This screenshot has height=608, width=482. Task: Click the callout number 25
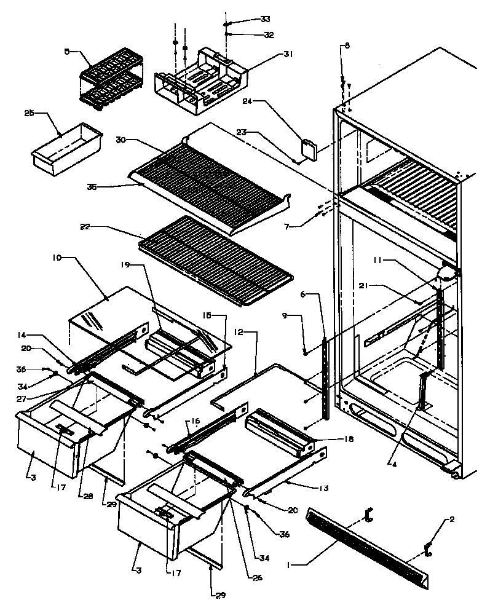(x=29, y=113)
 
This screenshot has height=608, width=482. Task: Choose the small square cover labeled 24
(x=308, y=150)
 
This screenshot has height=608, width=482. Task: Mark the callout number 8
(x=347, y=45)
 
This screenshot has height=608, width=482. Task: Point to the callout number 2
(x=452, y=519)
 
